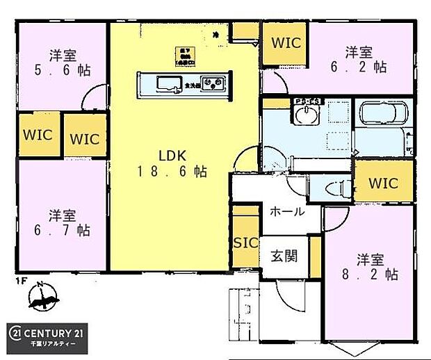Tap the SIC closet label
coord(245,243)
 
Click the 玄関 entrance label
coord(284,256)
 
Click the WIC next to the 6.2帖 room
coord(285,43)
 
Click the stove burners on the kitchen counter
coord(211,85)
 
